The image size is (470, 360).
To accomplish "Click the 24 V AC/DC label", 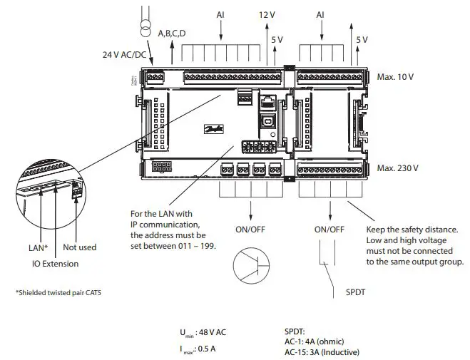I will [x=123, y=53].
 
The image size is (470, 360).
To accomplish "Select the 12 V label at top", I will [x=266, y=14].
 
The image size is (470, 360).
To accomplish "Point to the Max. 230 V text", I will [x=397, y=168].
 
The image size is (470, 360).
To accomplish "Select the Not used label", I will [x=79, y=247].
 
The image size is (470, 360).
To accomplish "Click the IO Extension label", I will [x=54, y=264].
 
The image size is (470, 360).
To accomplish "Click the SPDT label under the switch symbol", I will [x=357, y=293].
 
